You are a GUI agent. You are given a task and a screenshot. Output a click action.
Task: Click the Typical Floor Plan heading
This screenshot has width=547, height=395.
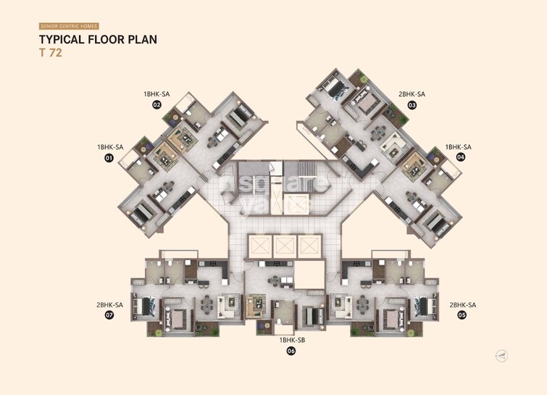point(98,40)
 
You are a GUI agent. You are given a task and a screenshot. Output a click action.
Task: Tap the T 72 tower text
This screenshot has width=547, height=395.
point(50,53)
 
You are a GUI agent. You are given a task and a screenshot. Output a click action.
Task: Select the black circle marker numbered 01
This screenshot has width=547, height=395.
point(109,157)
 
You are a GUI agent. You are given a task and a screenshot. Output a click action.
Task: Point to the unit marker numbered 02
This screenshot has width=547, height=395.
point(156,104)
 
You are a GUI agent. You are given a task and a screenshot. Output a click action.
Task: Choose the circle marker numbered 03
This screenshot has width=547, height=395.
point(412,104)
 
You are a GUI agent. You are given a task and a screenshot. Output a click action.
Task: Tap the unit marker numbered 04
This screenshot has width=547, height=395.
point(460,157)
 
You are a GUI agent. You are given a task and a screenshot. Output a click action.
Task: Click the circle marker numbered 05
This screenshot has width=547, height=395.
point(462,315)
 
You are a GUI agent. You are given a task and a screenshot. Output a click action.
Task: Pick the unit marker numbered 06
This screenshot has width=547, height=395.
point(291,351)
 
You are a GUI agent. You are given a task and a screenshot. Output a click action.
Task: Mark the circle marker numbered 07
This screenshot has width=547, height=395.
point(109,315)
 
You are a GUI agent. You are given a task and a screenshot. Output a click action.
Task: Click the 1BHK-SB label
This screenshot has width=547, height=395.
point(292,340)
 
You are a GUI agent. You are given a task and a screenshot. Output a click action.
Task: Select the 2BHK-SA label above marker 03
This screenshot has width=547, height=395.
point(412,93)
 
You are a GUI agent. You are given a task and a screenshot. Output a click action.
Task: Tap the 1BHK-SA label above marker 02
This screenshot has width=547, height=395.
point(156,93)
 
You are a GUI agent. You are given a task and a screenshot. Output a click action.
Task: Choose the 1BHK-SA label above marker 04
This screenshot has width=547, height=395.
point(459,146)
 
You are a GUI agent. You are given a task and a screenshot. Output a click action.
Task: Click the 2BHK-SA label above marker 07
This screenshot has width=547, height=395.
point(109,305)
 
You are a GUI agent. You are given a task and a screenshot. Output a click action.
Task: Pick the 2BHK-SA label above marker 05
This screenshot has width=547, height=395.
point(462,305)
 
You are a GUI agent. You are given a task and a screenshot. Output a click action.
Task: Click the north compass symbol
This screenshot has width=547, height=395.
point(502,355)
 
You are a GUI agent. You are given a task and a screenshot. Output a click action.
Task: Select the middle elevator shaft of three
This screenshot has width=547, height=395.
point(283,245)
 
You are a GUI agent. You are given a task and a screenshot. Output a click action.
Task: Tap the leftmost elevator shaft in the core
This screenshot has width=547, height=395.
point(259,245)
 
